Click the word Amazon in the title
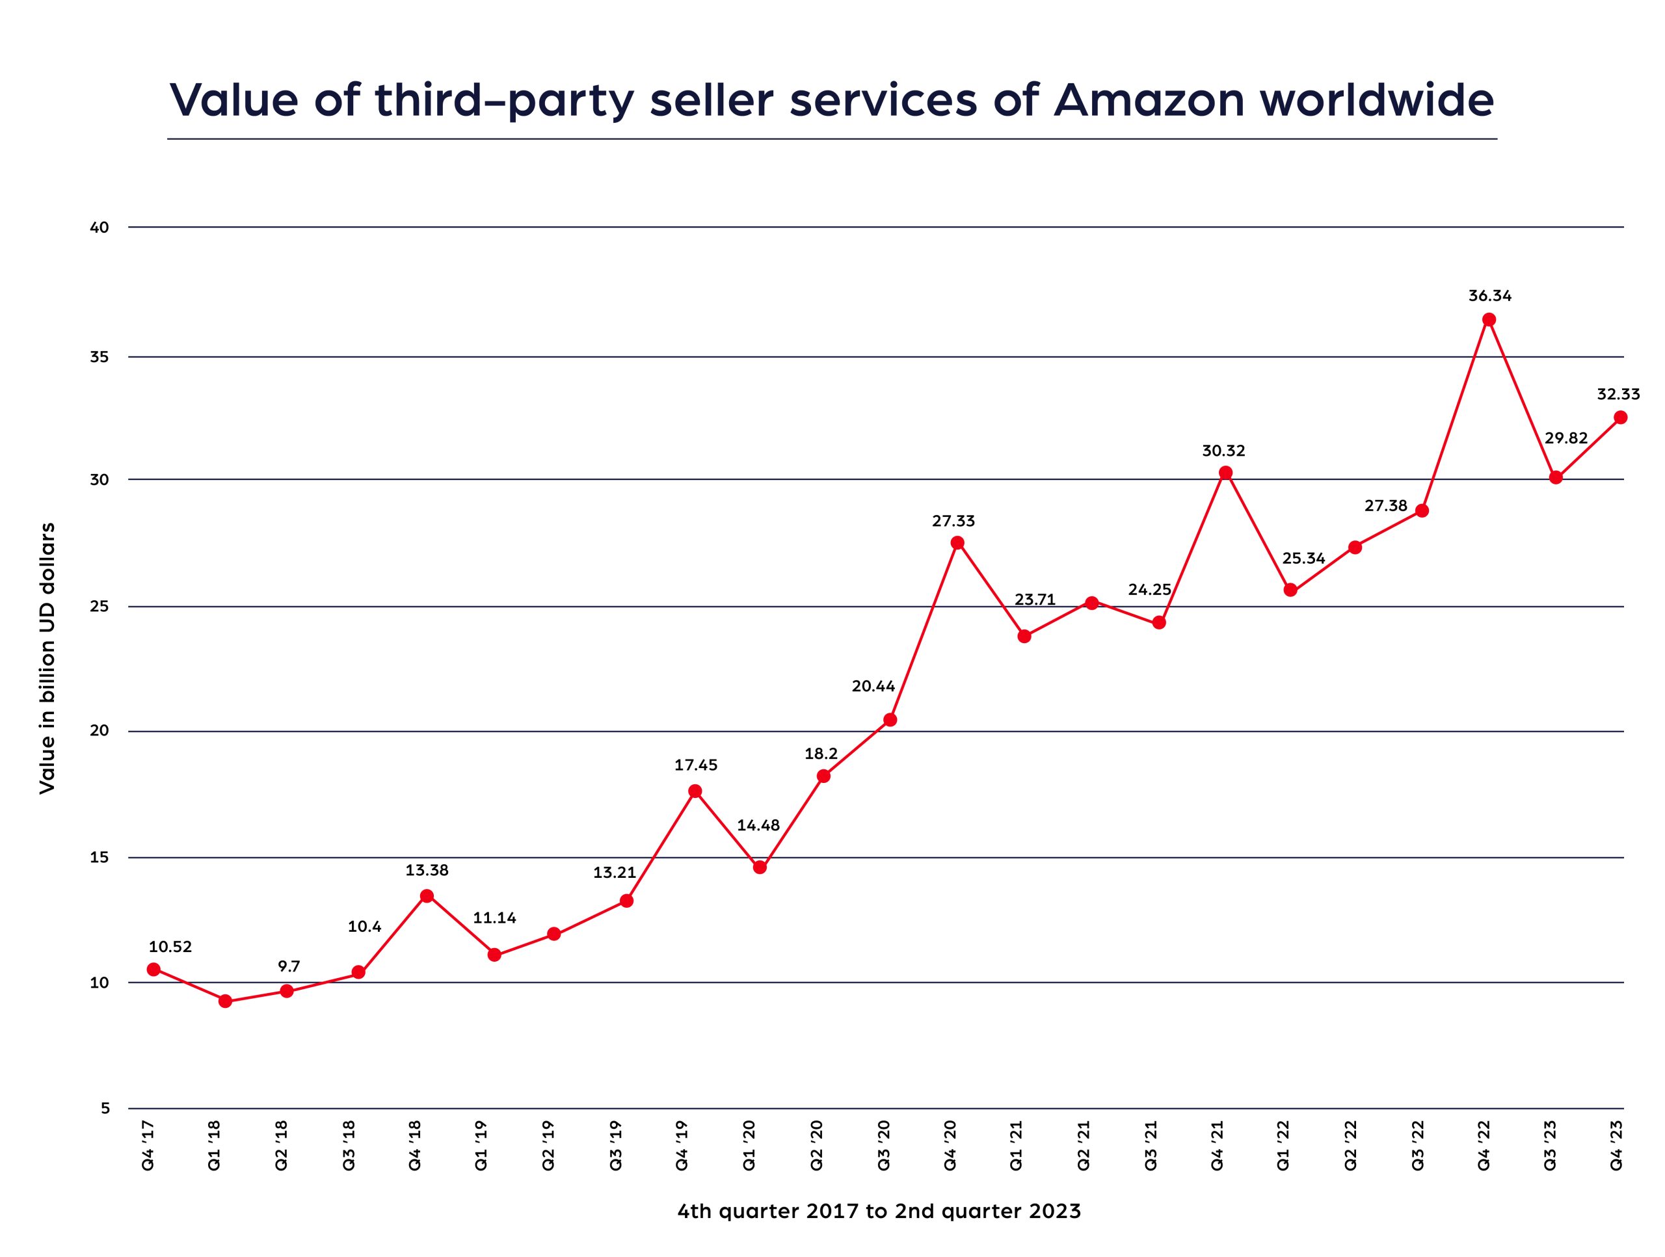click(x=1149, y=99)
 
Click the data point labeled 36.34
click(x=1489, y=320)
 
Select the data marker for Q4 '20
click(x=957, y=543)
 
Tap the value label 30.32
click(x=1223, y=451)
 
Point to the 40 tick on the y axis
click(x=101, y=228)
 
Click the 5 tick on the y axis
click(x=105, y=1108)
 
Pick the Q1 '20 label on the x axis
click(x=749, y=1145)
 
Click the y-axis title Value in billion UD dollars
click(x=47, y=658)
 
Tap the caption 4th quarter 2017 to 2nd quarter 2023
click(x=879, y=1211)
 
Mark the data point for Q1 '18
click(x=224, y=1001)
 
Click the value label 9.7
click(x=289, y=966)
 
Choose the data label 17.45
click(x=695, y=765)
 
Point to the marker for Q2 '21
click(x=1092, y=603)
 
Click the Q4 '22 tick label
click(x=1484, y=1145)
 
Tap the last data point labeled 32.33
click(x=1621, y=417)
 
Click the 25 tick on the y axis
click(x=101, y=607)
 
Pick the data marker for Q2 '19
click(x=553, y=934)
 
